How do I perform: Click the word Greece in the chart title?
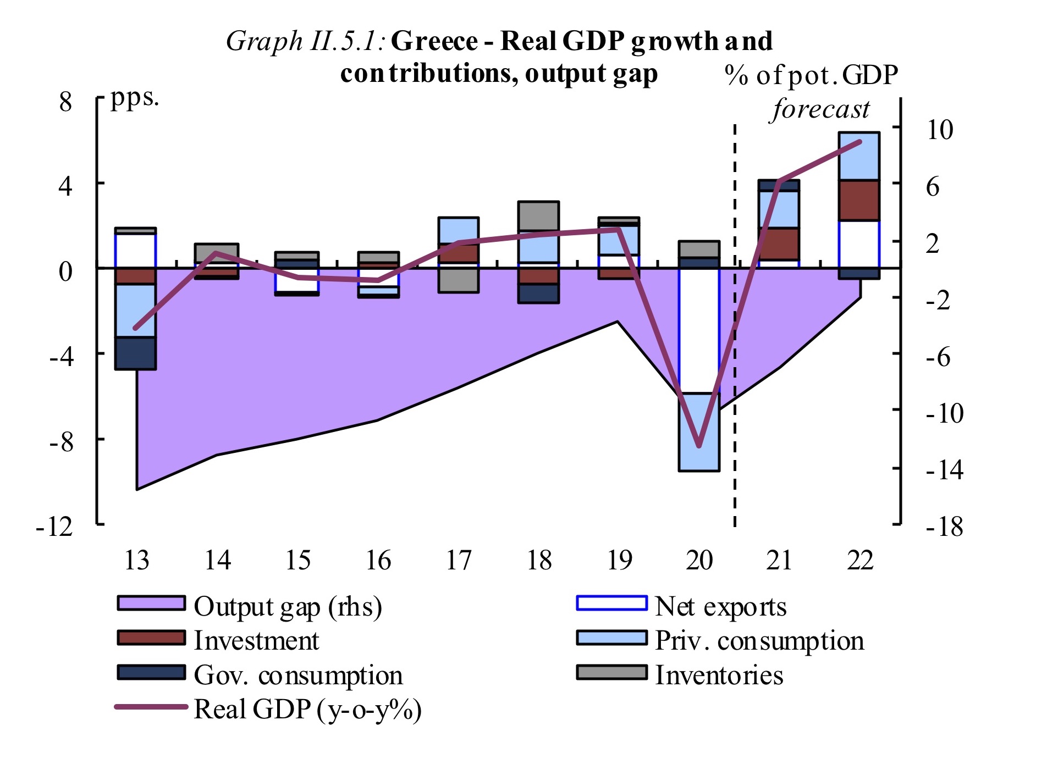434,41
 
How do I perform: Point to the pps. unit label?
135,97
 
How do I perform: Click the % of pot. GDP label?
811,75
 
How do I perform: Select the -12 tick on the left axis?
54,527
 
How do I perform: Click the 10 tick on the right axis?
939,130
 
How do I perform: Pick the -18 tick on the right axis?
944,527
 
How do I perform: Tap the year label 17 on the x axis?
458,561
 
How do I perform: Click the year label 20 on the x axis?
699,561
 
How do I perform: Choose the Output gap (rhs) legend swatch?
151,603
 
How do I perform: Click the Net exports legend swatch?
611,603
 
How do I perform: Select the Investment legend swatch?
151,638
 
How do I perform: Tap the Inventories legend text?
719,675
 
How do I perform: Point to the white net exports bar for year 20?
699,330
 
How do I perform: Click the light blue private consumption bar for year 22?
859,156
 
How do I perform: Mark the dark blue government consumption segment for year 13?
135,353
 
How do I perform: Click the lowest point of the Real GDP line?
699,446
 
